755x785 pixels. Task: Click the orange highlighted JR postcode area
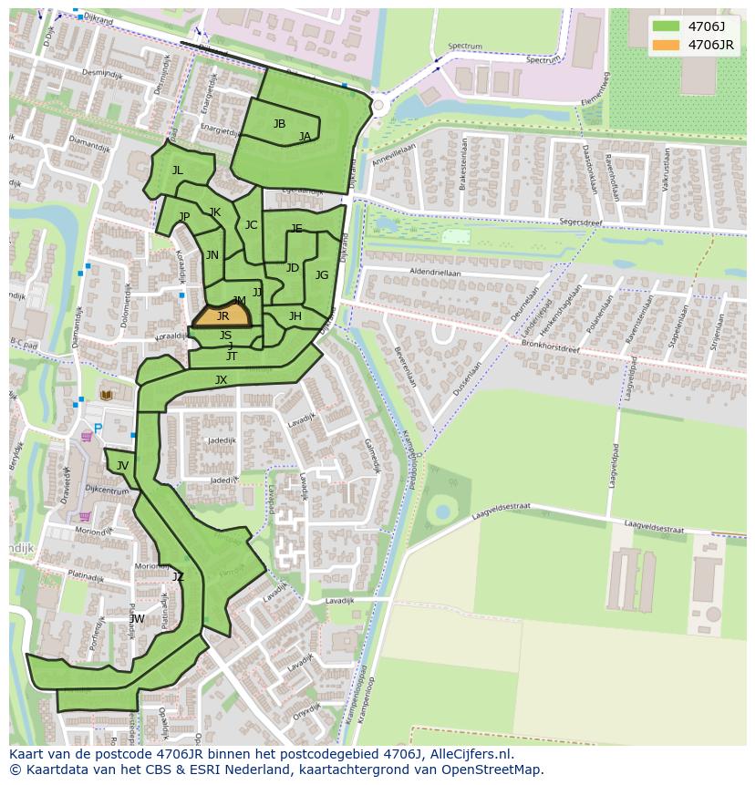point(222,315)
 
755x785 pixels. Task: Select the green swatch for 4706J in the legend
point(666,26)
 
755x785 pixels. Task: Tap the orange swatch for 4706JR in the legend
point(666,45)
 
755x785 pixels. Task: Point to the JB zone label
point(279,124)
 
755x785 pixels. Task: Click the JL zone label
point(178,170)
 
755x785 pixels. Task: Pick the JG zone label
point(322,275)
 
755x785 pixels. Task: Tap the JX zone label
point(221,380)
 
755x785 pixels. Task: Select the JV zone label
point(122,466)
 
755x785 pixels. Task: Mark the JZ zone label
point(178,576)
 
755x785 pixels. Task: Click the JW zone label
point(137,619)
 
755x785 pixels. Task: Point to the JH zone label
point(295,316)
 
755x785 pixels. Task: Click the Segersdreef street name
point(582,221)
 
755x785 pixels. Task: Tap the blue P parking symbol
point(98,429)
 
